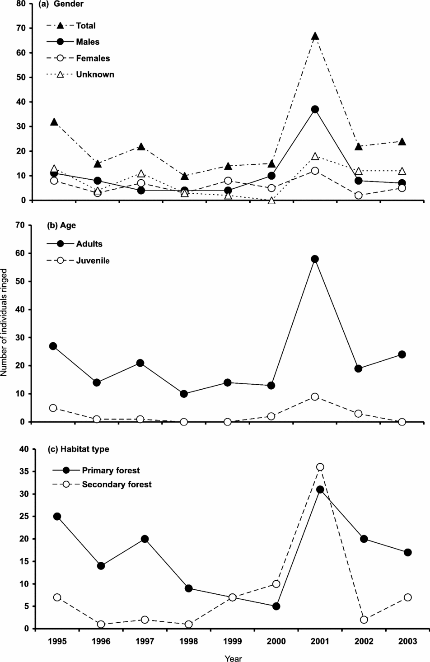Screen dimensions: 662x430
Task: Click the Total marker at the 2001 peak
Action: click(x=315, y=36)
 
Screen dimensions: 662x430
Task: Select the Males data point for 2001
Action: click(x=315, y=109)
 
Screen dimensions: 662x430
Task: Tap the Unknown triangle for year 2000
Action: click(x=271, y=200)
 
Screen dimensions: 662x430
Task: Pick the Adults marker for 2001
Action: click(x=315, y=259)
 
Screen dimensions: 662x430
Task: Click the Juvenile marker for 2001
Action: click(x=315, y=396)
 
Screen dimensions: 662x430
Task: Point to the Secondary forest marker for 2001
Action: click(x=320, y=467)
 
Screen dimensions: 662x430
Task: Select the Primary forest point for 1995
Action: click(x=57, y=516)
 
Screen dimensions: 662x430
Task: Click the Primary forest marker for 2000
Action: click(x=276, y=606)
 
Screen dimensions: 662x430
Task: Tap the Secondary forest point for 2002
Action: click(x=364, y=620)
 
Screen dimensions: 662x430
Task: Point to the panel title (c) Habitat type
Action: click(x=78, y=449)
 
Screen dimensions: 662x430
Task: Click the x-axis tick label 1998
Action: click(x=189, y=642)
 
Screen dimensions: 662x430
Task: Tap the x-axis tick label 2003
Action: click(x=407, y=642)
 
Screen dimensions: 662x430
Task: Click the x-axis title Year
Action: click(x=233, y=658)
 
